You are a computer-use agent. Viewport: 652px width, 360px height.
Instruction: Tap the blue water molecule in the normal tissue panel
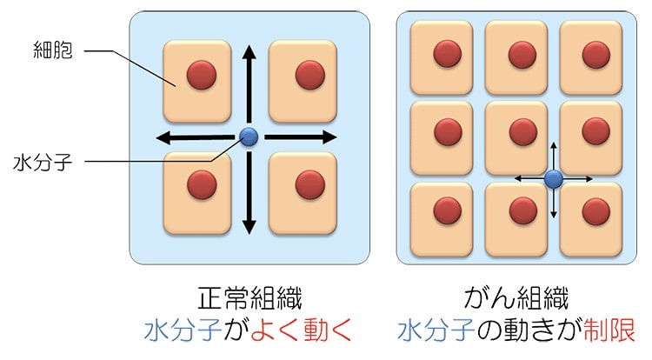point(249,137)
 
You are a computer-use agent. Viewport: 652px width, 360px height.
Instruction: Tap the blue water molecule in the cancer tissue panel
point(554,179)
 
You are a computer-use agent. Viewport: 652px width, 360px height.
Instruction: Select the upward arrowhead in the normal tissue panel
point(249,53)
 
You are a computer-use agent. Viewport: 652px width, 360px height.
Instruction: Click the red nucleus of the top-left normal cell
point(202,74)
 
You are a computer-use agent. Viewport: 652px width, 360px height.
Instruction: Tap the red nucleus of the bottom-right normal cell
point(309,184)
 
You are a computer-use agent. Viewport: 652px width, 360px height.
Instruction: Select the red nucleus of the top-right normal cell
point(309,74)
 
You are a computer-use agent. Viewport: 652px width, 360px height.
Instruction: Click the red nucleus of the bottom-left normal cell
point(202,184)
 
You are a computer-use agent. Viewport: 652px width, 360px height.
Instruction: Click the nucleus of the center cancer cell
point(522,132)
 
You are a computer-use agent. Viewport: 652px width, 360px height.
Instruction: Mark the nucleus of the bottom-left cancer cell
point(447,210)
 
